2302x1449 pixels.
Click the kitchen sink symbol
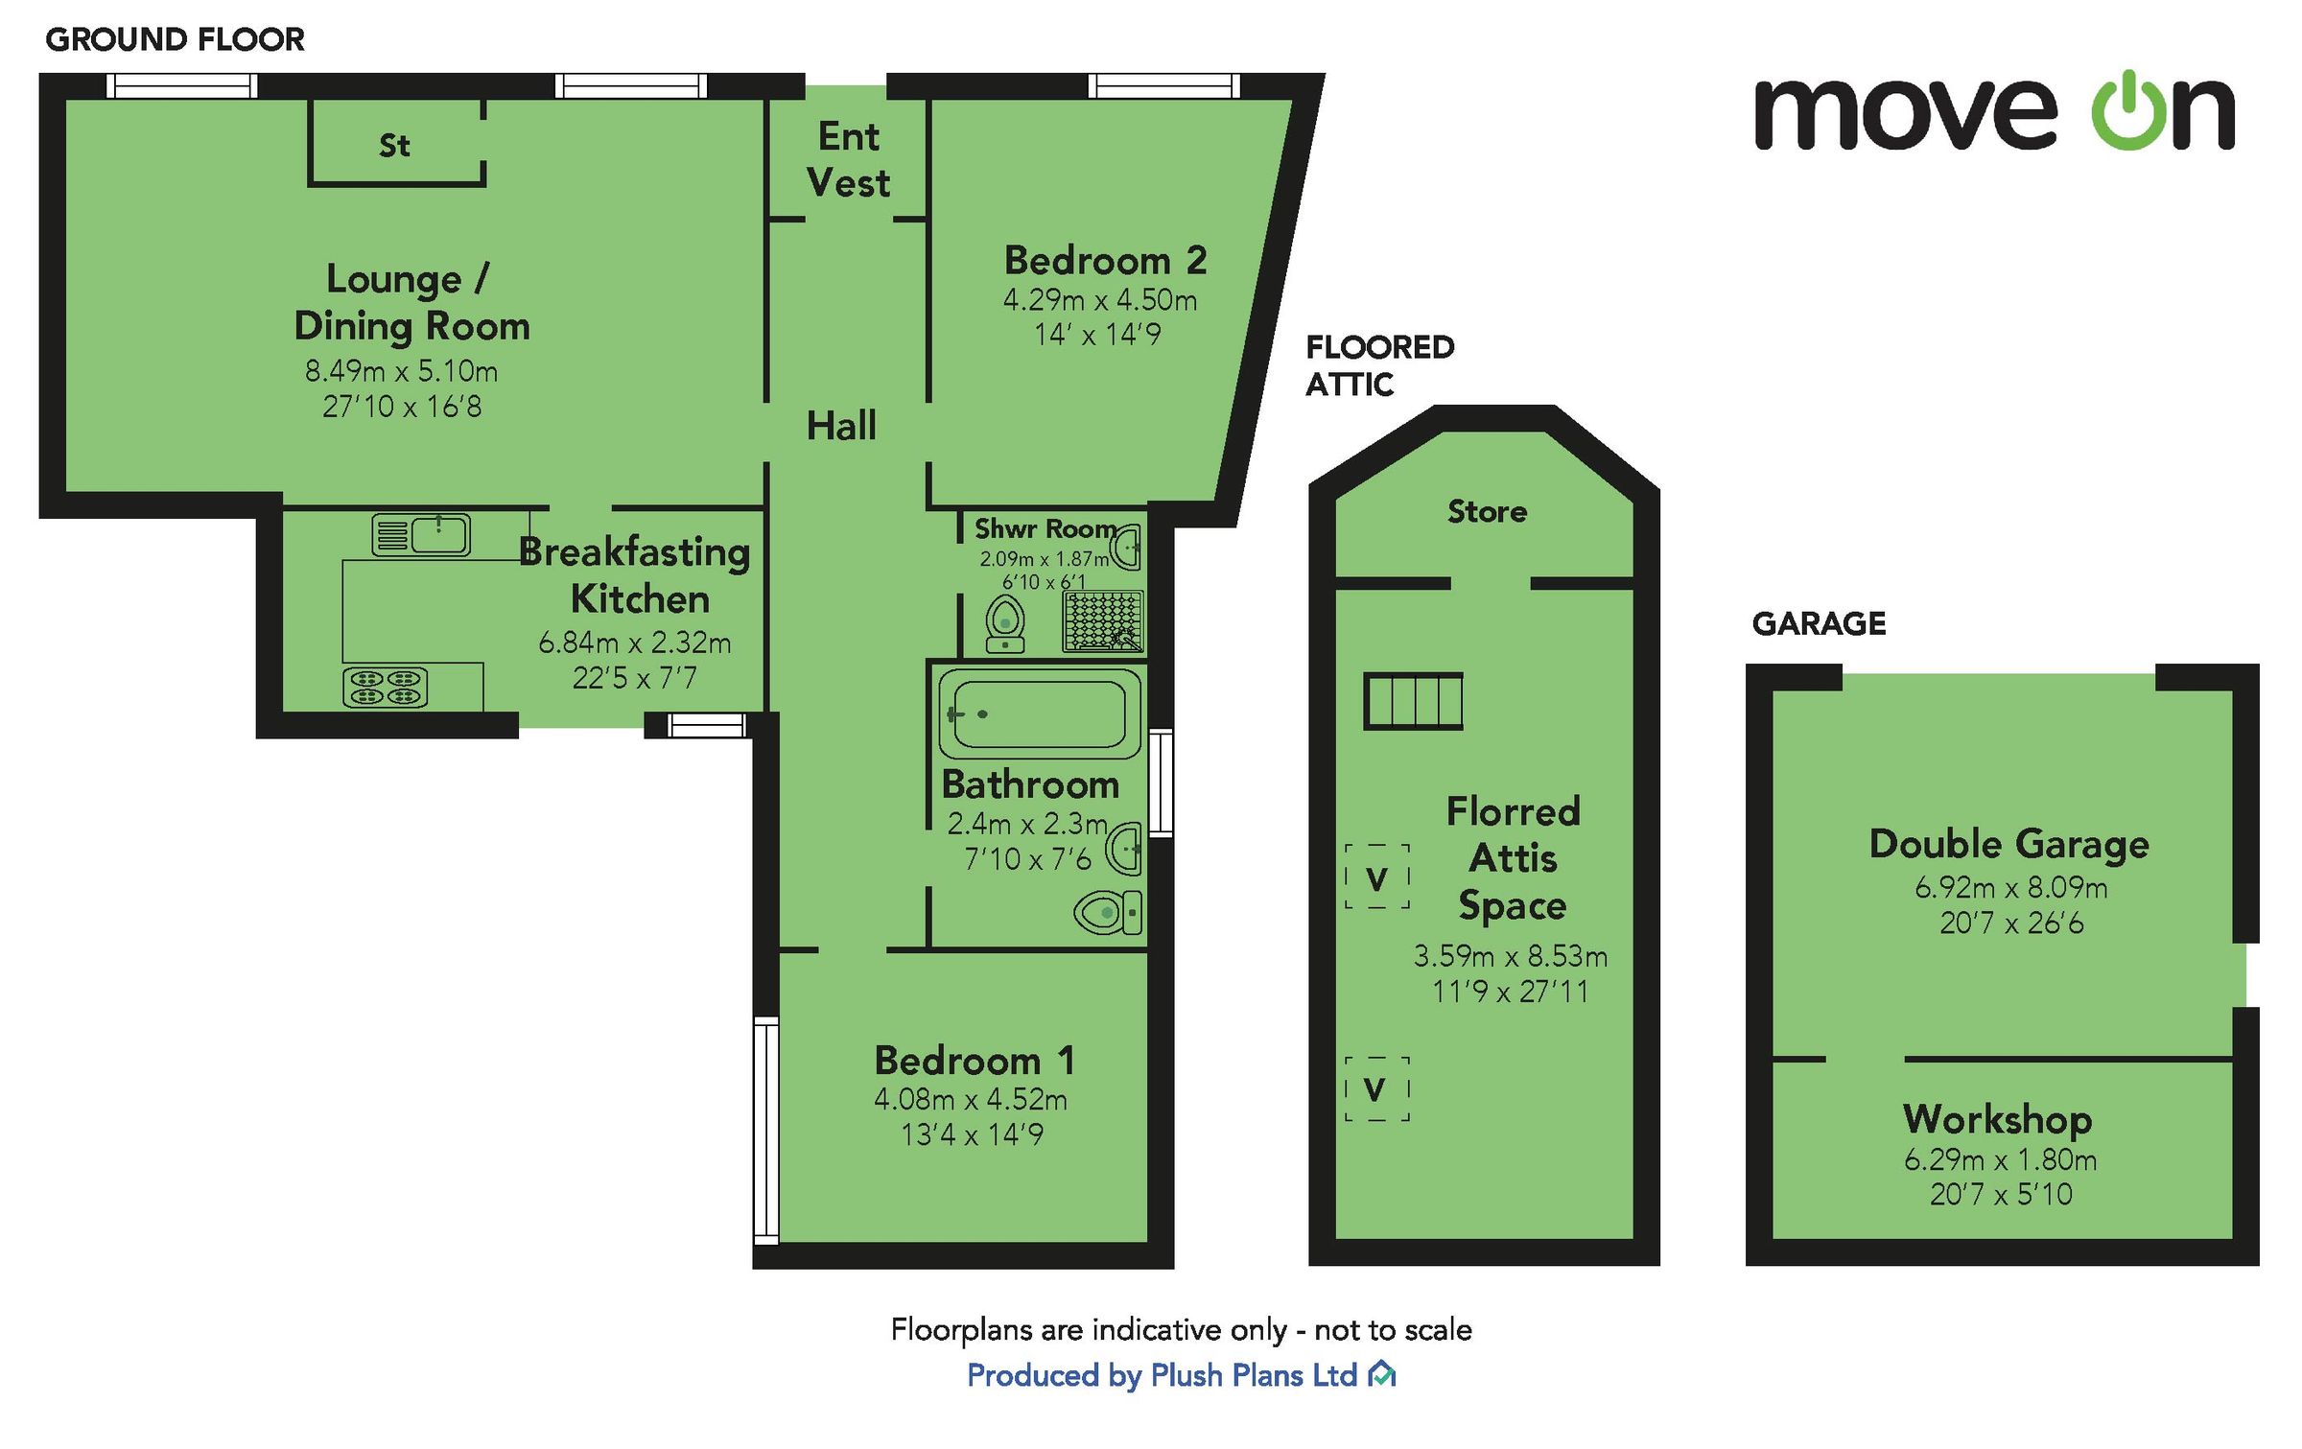click(422, 535)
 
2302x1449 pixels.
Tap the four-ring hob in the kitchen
click(385, 687)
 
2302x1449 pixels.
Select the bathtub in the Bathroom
click(1039, 713)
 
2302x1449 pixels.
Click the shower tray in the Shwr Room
click(1103, 621)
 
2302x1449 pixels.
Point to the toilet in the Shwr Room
click(1004, 623)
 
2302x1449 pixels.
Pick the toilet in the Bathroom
click(1109, 912)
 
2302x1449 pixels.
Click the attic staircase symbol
click(1413, 701)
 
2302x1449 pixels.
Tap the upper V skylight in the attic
click(1376, 876)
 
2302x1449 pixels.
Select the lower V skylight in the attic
click(1376, 1088)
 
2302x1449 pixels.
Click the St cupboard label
click(394, 146)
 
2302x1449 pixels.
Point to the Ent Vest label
click(848, 159)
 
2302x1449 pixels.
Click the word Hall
click(841, 426)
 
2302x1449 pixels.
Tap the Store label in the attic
click(1487, 512)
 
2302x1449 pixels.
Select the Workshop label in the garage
click(1998, 1118)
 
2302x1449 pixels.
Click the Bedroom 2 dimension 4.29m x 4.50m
click(1100, 300)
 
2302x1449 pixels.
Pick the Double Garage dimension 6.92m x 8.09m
click(2010, 888)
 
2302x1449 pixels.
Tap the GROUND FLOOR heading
click(175, 39)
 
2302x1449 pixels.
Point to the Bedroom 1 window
click(765, 1131)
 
